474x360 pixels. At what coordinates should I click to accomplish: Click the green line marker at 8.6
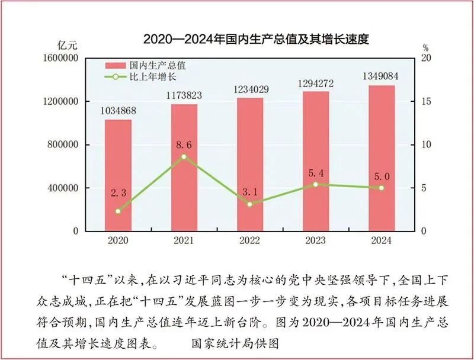click(184, 156)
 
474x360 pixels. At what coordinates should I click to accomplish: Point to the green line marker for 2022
click(249, 204)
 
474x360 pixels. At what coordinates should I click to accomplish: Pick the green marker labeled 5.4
click(316, 184)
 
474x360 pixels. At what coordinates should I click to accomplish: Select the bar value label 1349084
click(382, 76)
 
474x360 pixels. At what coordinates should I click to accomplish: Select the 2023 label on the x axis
click(316, 241)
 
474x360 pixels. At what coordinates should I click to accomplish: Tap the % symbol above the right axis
click(425, 47)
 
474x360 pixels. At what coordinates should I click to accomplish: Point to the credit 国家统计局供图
click(235, 343)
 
